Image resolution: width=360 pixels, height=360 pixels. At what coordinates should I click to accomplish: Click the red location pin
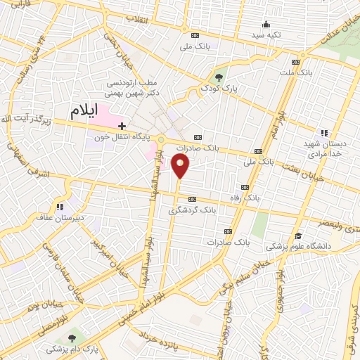(181, 167)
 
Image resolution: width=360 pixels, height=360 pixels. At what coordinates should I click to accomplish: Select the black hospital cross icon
(122, 124)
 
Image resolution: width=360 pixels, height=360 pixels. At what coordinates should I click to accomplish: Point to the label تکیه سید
(267, 34)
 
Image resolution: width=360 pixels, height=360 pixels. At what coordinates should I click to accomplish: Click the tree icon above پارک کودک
(219, 77)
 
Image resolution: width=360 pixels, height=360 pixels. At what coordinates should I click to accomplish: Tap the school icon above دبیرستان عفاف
(60, 207)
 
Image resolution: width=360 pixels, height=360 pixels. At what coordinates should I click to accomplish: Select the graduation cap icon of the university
(299, 236)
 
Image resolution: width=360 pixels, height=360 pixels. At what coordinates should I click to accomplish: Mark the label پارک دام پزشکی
(73, 349)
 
